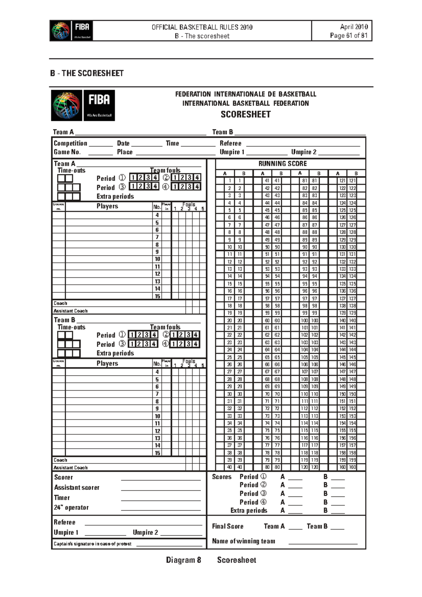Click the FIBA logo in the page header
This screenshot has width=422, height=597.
click(71, 31)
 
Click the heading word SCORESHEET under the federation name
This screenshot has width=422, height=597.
click(245, 114)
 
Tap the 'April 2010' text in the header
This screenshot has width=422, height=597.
click(353, 27)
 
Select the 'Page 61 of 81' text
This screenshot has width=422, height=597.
click(349, 36)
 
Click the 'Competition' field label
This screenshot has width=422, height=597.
click(70, 143)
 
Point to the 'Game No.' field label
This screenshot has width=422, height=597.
click(67, 152)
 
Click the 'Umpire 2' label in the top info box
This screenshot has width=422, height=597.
click(303, 152)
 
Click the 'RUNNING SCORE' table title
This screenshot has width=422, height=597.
click(282, 163)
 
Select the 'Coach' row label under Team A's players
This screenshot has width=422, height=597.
click(60, 303)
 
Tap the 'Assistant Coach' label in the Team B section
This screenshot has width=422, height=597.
click(70, 468)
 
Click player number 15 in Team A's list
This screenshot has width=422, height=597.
click(157, 296)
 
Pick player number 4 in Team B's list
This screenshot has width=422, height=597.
click(157, 372)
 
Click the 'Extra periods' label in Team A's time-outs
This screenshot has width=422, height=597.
click(115, 196)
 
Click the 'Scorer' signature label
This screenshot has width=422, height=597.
click(63, 477)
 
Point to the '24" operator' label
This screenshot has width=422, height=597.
click(71, 507)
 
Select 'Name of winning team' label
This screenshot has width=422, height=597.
click(243, 541)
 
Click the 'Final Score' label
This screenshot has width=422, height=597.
click(228, 526)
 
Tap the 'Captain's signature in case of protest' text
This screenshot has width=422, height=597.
click(92, 544)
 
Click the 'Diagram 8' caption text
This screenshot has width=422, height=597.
click(183, 560)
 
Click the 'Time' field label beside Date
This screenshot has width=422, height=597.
click(172, 143)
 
